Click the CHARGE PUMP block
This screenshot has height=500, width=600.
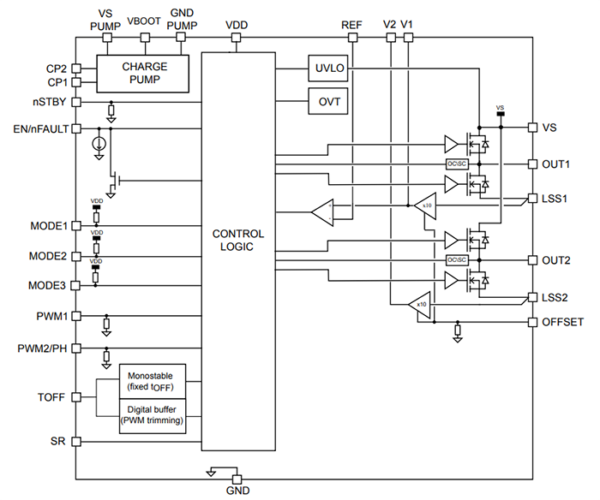click(x=144, y=73)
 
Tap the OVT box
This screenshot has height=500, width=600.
click(x=329, y=102)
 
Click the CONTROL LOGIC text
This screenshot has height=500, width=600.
click(x=238, y=241)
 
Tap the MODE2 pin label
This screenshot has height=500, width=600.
click(x=48, y=255)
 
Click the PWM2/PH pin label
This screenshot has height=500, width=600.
click(x=42, y=348)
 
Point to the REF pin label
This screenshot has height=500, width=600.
click(x=351, y=26)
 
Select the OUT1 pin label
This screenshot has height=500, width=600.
click(x=556, y=163)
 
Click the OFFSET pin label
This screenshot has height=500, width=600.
click(x=562, y=322)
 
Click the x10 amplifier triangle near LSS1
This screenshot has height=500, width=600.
click(x=425, y=205)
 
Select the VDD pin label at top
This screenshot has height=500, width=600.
click(x=237, y=26)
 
